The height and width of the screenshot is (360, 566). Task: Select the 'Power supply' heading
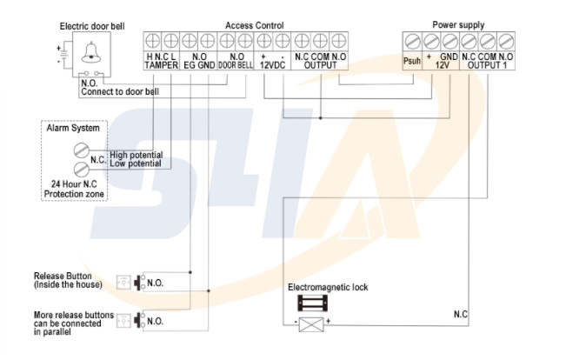(458, 25)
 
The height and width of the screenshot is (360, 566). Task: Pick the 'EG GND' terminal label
(199, 65)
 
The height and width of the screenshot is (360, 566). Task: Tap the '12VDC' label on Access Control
(271, 65)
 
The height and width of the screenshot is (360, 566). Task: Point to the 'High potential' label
(136, 155)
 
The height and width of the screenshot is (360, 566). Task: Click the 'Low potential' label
(135, 163)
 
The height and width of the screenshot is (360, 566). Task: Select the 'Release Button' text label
(60, 276)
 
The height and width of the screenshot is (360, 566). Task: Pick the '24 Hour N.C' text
(72, 185)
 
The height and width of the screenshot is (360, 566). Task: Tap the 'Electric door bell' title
(92, 26)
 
